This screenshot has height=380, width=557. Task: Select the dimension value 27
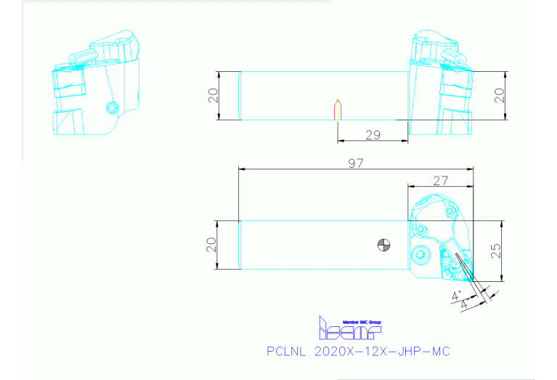click(440, 179)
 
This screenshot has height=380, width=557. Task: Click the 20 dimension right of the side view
click(499, 95)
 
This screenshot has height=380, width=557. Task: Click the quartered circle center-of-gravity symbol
click(383, 245)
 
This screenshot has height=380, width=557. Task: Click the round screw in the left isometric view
click(111, 108)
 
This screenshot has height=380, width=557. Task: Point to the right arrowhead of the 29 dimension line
click(406, 141)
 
